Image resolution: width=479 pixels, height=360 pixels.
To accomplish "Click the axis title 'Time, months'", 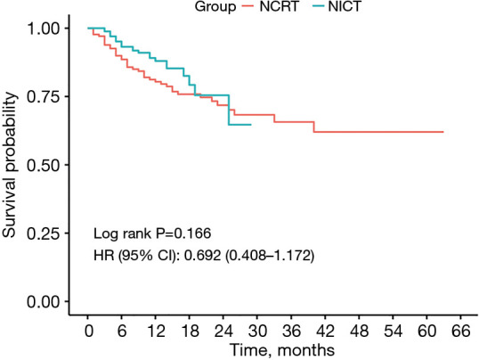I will tap(274, 350).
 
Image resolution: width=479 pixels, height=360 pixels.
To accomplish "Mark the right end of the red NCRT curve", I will tap(442, 132).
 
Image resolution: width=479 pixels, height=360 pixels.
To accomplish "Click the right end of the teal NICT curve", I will tap(251, 125).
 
